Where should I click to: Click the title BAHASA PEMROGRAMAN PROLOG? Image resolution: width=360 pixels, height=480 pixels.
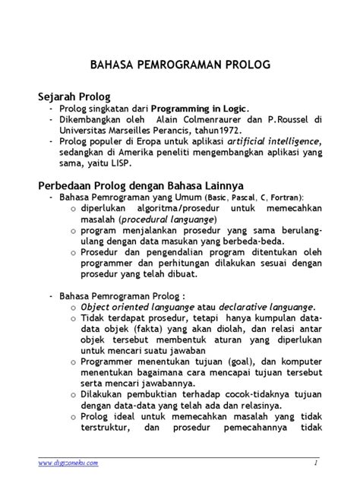(x=180, y=65)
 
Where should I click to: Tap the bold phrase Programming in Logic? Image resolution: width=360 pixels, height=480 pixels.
(x=199, y=109)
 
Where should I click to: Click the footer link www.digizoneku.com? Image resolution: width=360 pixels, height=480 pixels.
(x=65, y=462)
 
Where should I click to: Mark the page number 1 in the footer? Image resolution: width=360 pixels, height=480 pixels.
(x=314, y=462)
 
